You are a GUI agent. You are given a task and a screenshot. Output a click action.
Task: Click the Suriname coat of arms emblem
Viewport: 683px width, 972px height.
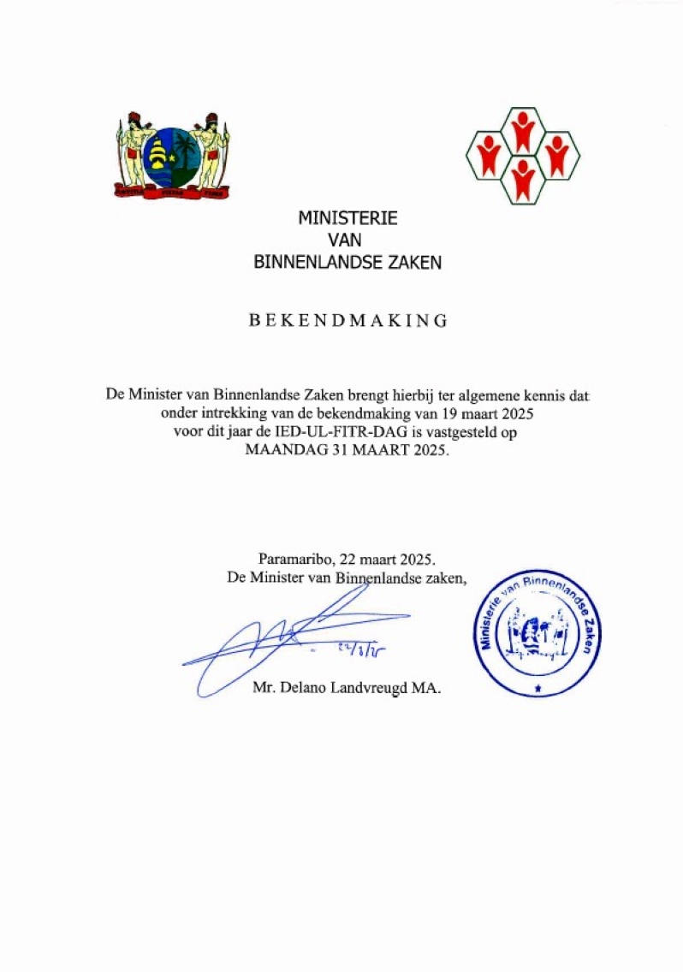click(x=173, y=156)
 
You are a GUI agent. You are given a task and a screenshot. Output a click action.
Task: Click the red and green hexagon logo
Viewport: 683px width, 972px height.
click(x=523, y=156)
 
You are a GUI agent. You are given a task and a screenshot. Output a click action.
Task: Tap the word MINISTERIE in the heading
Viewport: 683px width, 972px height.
click(x=347, y=218)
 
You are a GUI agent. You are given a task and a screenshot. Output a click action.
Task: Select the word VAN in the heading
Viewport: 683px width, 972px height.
click(x=347, y=240)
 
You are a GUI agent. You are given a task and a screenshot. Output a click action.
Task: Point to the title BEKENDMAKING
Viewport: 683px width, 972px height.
click(x=347, y=321)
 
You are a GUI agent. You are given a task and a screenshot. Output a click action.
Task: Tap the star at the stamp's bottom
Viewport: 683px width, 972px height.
click(x=537, y=686)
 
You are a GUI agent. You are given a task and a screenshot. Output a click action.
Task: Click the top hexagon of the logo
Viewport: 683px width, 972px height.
click(x=523, y=130)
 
